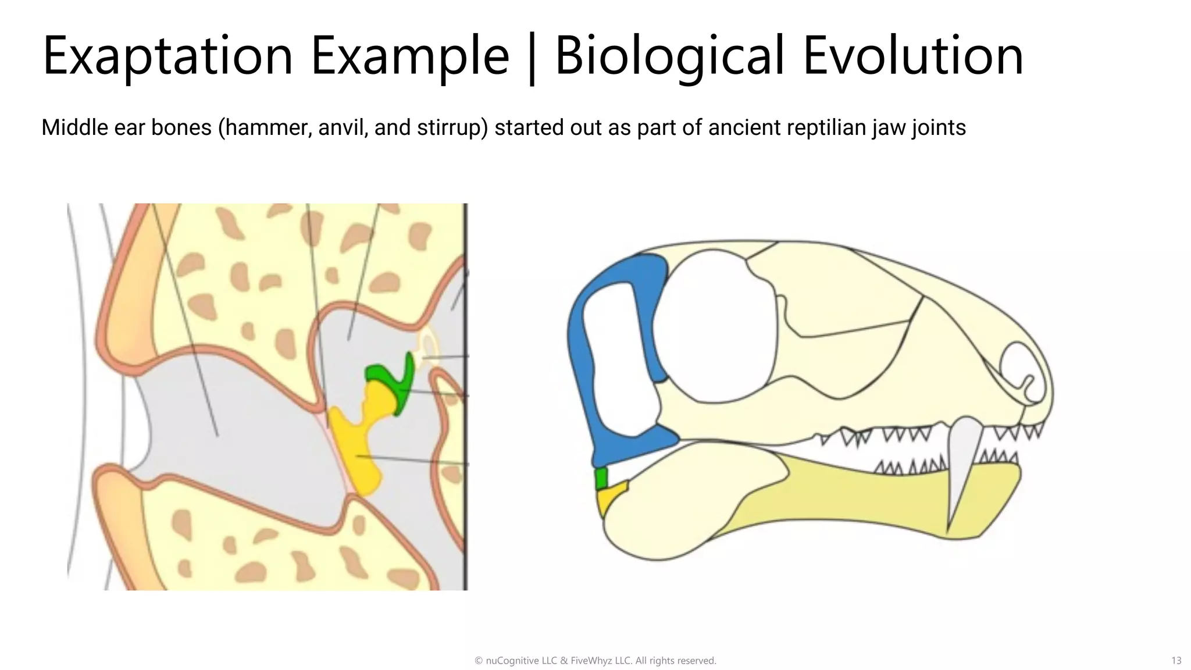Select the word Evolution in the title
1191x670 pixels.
[x=912, y=56]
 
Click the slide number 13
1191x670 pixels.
[x=1176, y=661]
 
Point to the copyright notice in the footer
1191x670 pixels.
[x=595, y=661]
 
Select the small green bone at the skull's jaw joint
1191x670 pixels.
[x=601, y=479]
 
